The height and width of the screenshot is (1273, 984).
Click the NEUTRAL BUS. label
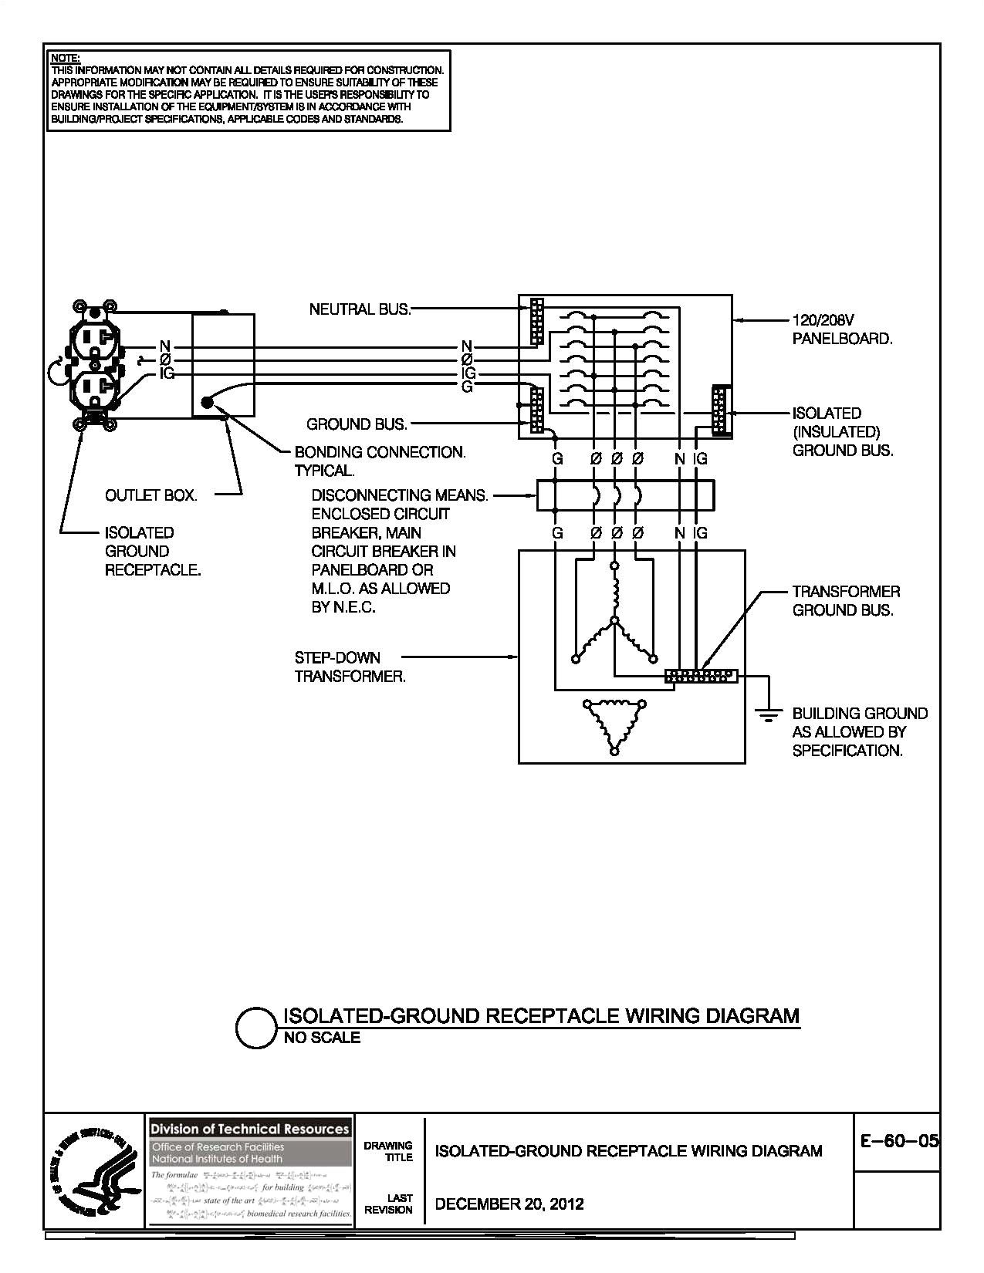[x=360, y=309]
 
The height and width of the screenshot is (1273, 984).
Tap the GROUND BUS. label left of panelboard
[x=357, y=424]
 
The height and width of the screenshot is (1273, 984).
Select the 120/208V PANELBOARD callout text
[x=841, y=329]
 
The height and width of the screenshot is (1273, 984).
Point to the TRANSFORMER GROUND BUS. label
[x=845, y=601]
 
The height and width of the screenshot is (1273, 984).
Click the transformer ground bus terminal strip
[x=701, y=676]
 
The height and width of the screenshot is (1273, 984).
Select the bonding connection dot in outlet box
[x=207, y=402]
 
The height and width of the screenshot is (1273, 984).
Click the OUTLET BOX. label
[x=151, y=495]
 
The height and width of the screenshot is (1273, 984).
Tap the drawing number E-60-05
[x=899, y=1141]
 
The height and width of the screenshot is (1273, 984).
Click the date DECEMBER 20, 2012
[x=509, y=1204]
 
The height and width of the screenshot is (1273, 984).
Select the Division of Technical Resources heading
[x=249, y=1129]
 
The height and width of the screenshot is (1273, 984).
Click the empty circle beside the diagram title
[x=255, y=1028]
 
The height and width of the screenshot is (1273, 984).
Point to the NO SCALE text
[x=322, y=1038]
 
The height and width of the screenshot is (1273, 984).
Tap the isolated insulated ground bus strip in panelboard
[x=720, y=411]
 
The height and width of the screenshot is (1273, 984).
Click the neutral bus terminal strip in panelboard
[x=536, y=321]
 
